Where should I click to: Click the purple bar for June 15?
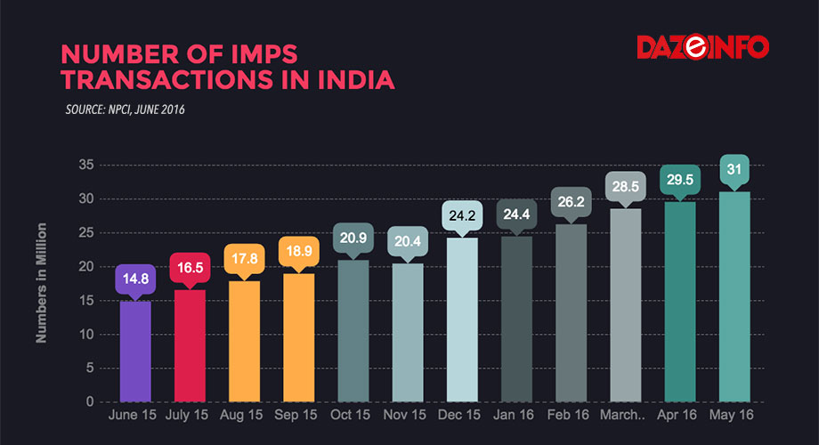click(x=135, y=352)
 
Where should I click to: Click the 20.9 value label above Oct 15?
click(x=353, y=238)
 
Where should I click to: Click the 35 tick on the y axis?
click(x=86, y=165)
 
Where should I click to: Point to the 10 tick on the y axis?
click(x=86, y=335)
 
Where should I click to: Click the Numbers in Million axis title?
click(x=41, y=284)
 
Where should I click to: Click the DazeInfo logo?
click(x=702, y=47)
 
